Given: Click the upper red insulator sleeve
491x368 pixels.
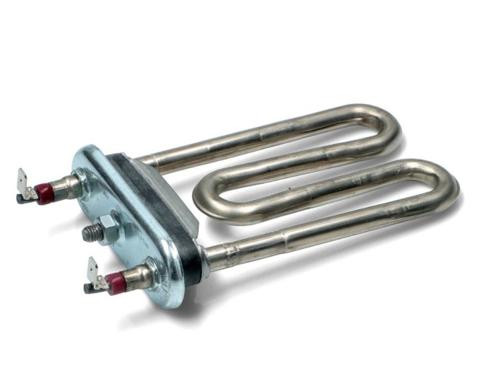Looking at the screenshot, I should tap(45, 193).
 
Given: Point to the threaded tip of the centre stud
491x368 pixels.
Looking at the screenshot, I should tap(88, 232).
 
